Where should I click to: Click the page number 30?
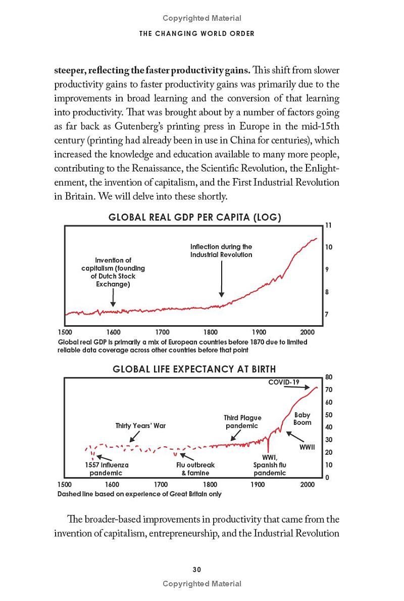pos(197,569)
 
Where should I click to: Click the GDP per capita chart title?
pos(195,218)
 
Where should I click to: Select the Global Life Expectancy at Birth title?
pos(194,369)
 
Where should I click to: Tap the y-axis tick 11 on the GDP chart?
pos(328,225)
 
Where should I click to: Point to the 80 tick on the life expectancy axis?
pos(329,377)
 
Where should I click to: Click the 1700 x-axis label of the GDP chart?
pos(162,332)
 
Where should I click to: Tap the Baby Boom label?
pos(302,419)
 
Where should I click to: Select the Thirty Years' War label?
pos(140,425)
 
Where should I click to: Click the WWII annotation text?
pos(307,448)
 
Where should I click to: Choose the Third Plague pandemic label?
pos(242,421)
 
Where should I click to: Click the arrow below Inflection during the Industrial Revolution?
pos(221,278)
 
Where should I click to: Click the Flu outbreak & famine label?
pos(195,469)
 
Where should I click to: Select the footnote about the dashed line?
pos(139,494)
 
